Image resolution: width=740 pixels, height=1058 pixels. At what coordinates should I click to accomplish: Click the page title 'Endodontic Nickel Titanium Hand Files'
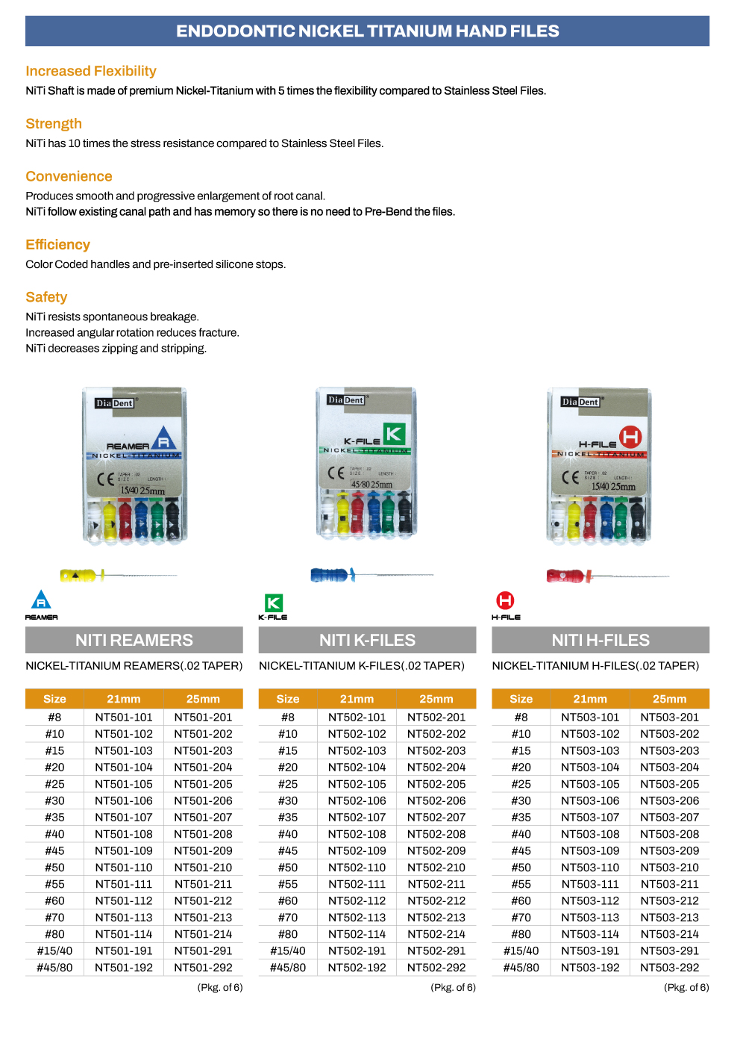tap(367, 31)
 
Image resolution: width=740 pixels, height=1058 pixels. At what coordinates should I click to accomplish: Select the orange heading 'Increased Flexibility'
tap(91, 71)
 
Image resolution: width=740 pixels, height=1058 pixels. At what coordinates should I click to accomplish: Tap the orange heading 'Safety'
tap(46, 297)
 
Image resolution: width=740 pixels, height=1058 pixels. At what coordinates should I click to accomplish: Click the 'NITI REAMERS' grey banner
tap(134, 640)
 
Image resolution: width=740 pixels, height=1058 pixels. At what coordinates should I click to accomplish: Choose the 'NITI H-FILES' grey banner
tap(601, 640)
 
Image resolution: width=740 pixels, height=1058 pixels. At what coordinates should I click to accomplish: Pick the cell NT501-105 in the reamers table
tap(124, 784)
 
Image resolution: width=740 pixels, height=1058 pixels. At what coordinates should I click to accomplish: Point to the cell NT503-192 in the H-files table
tap(590, 968)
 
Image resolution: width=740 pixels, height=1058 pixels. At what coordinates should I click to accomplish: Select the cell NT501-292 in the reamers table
tap(203, 968)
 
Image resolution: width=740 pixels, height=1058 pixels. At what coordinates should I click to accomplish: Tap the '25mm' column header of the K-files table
tap(436, 699)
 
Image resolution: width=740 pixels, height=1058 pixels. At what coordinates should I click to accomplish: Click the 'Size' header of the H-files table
tap(521, 699)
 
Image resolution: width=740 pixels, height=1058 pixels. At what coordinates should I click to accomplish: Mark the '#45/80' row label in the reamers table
tap(54, 968)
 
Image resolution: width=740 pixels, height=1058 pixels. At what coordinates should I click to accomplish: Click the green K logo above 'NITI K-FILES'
tap(274, 603)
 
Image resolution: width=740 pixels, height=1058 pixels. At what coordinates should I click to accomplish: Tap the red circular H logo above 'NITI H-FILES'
tap(506, 600)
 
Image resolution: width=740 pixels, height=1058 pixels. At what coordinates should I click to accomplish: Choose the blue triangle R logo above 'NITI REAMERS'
tap(41, 600)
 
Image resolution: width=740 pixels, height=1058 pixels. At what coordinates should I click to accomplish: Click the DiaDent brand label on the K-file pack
tap(345, 400)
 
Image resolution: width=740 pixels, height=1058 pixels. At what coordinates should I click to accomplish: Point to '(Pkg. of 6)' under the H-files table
tap(686, 987)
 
